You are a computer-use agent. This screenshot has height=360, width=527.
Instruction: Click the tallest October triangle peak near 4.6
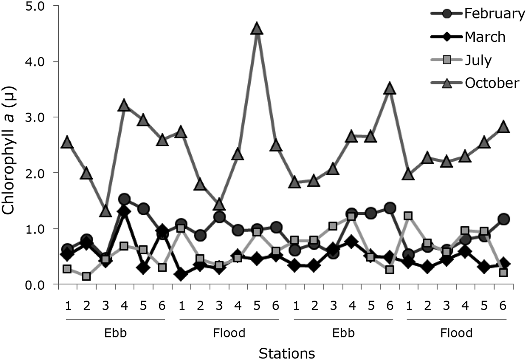257,28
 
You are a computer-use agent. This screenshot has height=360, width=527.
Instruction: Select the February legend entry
494,14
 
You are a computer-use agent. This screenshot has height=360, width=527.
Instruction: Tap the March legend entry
485,37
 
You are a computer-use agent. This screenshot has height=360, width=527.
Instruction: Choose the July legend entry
478,60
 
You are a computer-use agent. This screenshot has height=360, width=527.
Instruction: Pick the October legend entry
492,83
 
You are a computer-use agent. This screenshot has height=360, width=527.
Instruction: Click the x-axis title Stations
287,353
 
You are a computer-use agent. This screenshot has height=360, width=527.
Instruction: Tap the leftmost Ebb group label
115,333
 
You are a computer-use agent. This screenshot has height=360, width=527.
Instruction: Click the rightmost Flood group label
456,333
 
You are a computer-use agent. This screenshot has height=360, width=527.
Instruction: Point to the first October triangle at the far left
67,143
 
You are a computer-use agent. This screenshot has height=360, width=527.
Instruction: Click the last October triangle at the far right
503,127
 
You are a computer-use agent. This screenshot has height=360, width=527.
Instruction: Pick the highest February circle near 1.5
124,199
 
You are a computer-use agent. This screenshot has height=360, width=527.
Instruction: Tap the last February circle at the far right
503,219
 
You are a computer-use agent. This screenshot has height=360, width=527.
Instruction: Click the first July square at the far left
67,269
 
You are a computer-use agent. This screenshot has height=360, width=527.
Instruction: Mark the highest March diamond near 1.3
124,211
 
